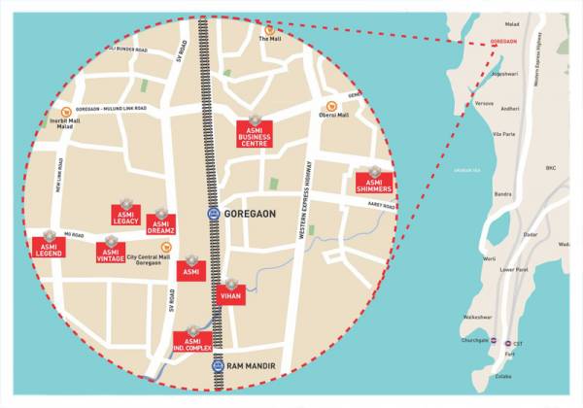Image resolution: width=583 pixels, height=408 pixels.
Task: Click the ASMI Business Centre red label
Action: coord(255,134)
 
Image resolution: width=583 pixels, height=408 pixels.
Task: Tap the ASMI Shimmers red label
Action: coord(374,183)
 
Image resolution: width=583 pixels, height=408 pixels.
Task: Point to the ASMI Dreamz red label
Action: coord(160,225)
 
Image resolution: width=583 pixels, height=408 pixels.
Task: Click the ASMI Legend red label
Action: coord(45,247)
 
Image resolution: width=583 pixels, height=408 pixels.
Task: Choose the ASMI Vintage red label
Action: coord(110,254)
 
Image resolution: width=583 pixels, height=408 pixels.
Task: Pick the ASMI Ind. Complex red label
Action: coord(192,342)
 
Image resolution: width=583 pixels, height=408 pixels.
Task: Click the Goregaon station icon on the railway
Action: coord(213,214)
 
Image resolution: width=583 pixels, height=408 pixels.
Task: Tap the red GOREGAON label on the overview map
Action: coord(502,43)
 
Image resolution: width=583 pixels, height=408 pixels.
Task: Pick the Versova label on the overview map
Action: coord(482,100)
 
